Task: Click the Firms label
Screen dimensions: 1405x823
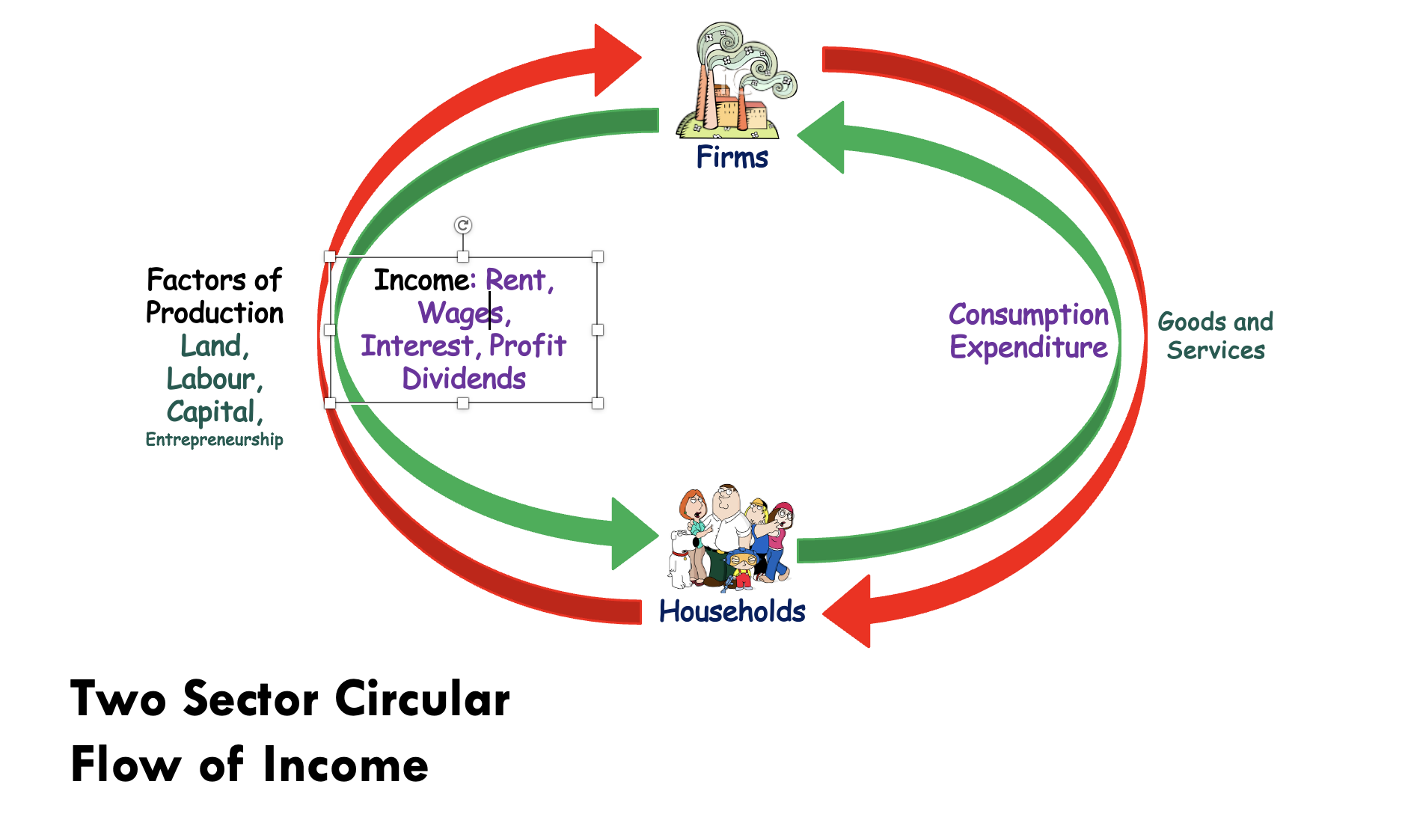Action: click(732, 157)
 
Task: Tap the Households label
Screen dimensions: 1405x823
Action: click(732, 611)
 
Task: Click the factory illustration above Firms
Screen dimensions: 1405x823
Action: click(736, 81)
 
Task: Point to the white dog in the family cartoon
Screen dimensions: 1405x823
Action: click(681, 558)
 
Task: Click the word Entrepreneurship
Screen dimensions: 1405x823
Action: click(214, 439)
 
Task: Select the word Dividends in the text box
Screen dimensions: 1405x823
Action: click(464, 379)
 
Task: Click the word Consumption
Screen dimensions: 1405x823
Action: click(1029, 315)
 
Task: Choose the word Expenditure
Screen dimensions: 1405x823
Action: click(1029, 348)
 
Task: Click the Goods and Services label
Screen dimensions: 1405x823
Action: click(1216, 336)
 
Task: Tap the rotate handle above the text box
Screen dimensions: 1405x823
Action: click(463, 225)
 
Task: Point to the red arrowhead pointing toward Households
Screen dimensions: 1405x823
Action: click(847, 611)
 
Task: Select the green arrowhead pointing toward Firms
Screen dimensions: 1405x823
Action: click(821, 138)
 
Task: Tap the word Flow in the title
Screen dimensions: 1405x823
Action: click(126, 765)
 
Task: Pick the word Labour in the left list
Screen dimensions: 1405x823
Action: click(215, 379)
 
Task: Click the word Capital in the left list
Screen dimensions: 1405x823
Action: click(215, 412)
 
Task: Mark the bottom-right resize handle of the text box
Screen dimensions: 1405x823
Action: click(598, 403)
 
